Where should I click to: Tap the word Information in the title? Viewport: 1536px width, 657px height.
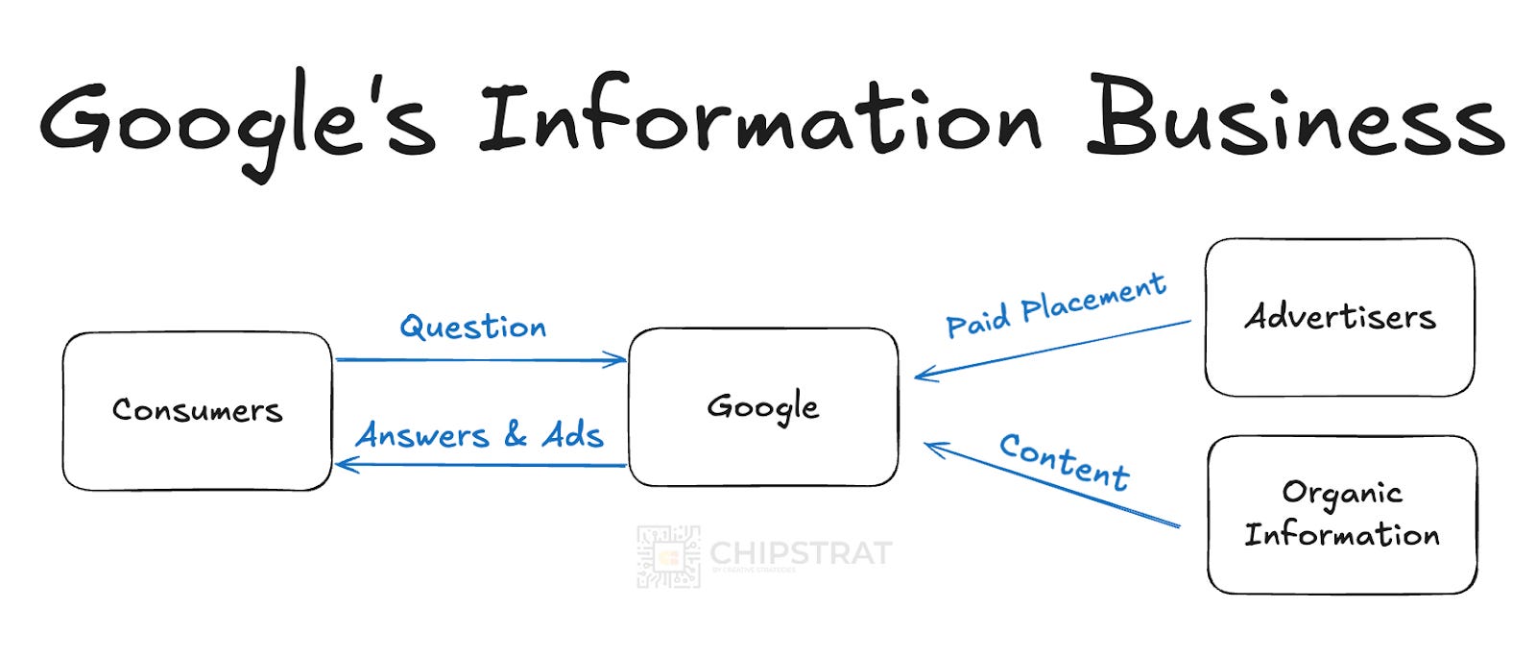click(759, 117)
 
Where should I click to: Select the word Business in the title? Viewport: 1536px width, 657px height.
click(1295, 117)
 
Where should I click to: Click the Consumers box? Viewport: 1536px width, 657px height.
click(197, 411)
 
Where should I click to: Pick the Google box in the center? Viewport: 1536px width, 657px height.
click(763, 406)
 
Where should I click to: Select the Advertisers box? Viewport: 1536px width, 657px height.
click(1339, 317)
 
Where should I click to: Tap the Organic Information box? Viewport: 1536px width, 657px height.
click(1341, 514)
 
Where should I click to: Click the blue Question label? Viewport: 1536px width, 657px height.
click(473, 328)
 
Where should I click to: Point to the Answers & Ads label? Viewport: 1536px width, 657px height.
click(480, 435)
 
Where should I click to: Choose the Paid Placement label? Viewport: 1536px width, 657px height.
click(1056, 305)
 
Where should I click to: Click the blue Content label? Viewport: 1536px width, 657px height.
click(1064, 461)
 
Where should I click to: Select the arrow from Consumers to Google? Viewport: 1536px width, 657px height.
click(480, 360)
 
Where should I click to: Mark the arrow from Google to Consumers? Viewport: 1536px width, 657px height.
click(480, 466)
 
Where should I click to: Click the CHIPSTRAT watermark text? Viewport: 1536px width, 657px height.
click(801, 553)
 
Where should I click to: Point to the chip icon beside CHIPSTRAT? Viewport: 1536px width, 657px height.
click(668, 556)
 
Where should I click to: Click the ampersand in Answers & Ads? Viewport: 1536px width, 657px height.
click(516, 435)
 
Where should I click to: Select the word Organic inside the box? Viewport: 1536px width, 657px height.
click(1342, 494)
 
